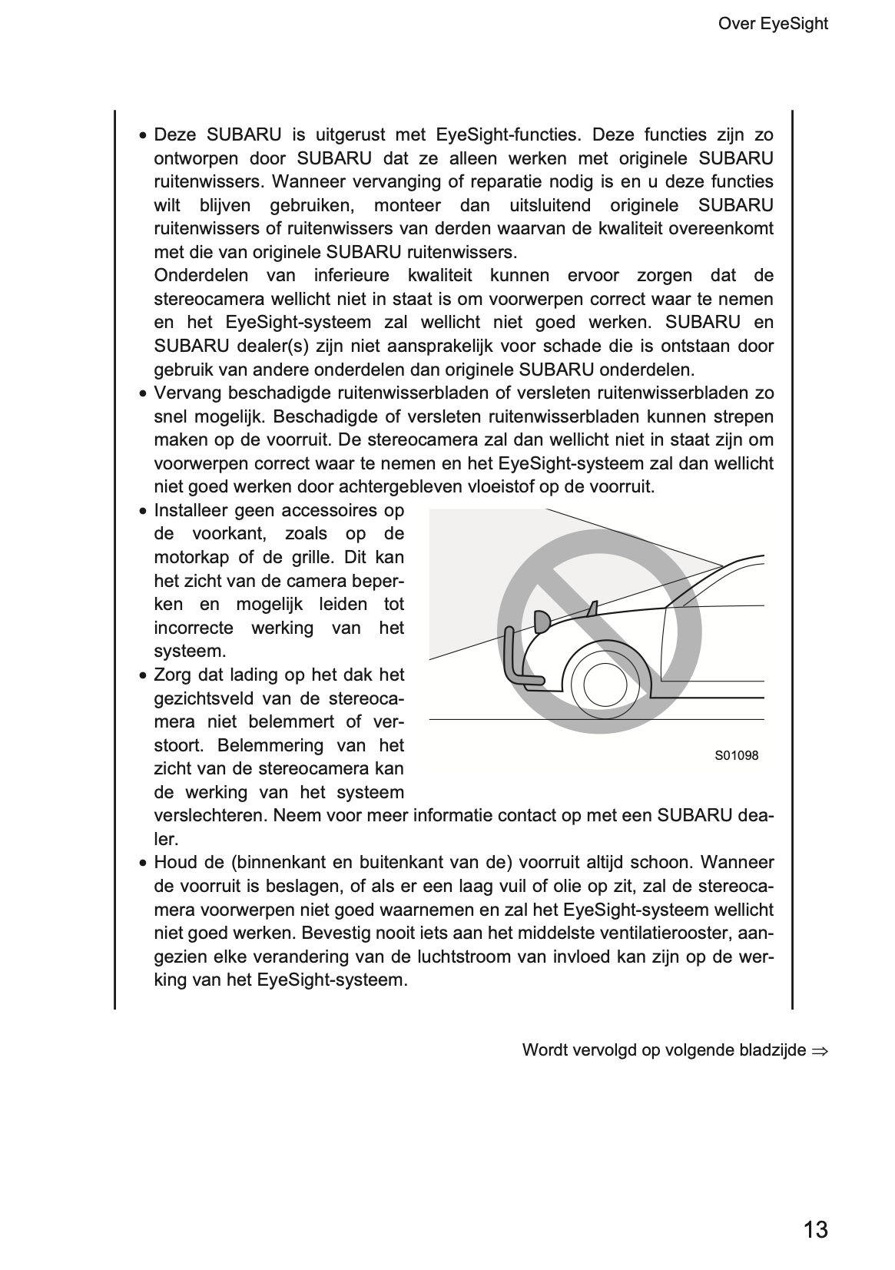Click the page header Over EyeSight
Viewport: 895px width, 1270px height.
click(772, 24)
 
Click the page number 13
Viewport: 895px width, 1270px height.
click(815, 1230)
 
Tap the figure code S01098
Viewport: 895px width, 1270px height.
click(736, 756)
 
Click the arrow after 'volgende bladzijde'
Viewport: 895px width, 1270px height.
click(819, 1050)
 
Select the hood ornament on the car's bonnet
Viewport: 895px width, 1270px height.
click(591, 608)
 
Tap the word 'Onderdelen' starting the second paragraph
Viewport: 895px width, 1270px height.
click(201, 276)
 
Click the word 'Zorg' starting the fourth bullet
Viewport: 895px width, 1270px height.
click(173, 675)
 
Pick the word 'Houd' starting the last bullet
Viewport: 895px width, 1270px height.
click(174, 863)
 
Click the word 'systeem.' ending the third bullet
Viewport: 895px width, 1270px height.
click(190, 652)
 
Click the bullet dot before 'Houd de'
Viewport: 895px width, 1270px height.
click(143, 864)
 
